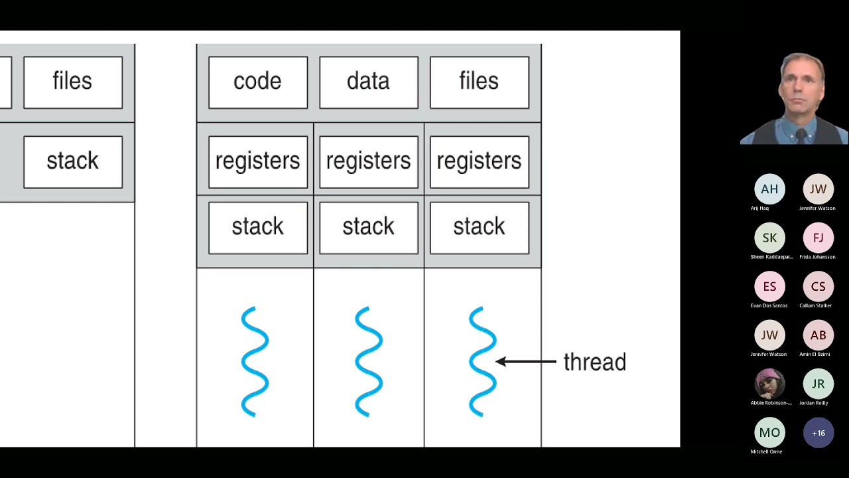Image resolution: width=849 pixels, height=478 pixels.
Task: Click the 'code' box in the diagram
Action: tap(257, 82)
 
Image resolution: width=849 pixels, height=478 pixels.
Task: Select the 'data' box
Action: tap(368, 82)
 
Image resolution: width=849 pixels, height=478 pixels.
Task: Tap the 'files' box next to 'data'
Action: tap(479, 82)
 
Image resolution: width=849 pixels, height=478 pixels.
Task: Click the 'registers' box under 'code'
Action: tap(257, 161)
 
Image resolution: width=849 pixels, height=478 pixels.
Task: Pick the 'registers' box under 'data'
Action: tap(368, 161)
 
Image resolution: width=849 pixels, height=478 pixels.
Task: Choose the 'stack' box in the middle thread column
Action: tap(368, 228)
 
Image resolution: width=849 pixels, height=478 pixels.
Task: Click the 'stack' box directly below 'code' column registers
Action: tap(257, 228)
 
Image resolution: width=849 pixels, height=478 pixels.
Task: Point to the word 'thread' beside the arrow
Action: tap(594, 362)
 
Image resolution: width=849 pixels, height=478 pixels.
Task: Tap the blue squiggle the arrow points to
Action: tap(482, 361)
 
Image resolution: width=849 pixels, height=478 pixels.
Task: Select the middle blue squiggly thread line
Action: tap(369, 361)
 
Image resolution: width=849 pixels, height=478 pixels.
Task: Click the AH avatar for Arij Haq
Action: tap(769, 189)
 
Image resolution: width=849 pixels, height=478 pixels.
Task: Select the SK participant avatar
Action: tap(769, 238)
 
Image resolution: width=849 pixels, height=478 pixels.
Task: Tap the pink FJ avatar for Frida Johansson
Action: tap(818, 238)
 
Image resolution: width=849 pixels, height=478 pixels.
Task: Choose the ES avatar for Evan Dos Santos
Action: tap(769, 286)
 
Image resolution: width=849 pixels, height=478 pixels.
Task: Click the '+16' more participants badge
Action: tap(818, 433)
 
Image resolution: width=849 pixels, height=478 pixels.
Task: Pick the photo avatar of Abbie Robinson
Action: tap(769, 384)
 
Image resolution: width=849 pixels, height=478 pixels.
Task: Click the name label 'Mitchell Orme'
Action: tap(766, 451)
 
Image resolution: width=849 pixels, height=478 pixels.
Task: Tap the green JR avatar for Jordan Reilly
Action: tap(818, 384)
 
